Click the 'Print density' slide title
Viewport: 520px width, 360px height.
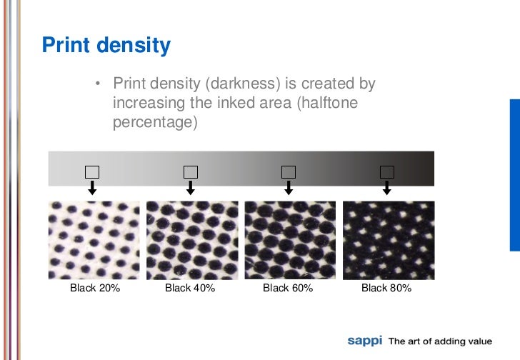click(x=106, y=46)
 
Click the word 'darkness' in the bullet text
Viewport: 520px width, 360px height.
click(x=238, y=85)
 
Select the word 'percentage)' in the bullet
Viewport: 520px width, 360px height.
click(x=154, y=122)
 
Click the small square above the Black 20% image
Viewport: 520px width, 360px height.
click(x=92, y=171)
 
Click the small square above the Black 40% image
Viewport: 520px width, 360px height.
click(x=190, y=171)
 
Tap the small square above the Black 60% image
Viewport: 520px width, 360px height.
click(x=289, y=171)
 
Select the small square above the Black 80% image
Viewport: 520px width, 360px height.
click(x=386, y=171)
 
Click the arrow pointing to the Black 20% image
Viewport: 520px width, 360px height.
click(x=92, y=187)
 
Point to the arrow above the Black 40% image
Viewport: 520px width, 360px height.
click(x=190, y=187)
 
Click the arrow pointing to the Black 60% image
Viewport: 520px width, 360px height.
click(x=289, y=187)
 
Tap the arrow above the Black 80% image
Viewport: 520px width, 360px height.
click(x=386, y=187)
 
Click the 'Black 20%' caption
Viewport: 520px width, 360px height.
click(x=94, y=289)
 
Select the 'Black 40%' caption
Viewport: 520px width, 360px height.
click(x=190, y=289)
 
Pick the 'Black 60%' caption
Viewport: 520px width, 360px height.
click(x=288, y=289)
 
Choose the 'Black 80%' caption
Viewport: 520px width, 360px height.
click(x=386, y=289)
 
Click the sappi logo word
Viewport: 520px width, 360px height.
click(x=365, y=341)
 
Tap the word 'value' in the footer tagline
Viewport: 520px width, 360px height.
click(x=478, y=341)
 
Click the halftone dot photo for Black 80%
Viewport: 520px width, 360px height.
click(x=388, y=239)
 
